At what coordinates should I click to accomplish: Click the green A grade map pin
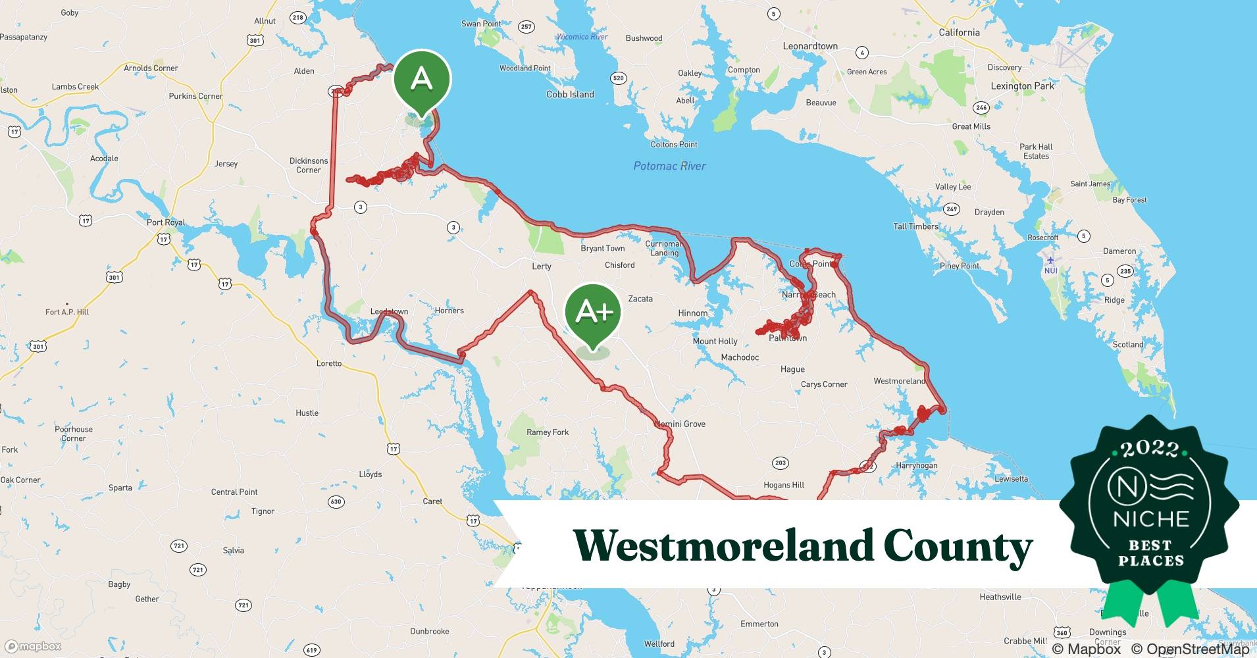click(x=422, y=80)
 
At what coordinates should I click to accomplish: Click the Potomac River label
click(x=669, y=166)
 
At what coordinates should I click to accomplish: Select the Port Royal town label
click(x=166, y=222)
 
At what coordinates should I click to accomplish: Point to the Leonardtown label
click(x=810, y=46)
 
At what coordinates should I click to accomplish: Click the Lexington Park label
click(x=1022, y=86)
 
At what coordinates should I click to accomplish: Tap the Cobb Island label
click(x=570, y=94)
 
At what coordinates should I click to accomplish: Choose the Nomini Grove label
click(x=680, y=424)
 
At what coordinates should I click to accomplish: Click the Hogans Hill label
click(x=784, y=485)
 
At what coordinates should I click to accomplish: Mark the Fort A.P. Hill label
click(x=67, y=312)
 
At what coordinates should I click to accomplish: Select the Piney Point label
click(x=960, y=266)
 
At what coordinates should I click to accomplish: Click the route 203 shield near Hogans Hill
click(x=781, y=463)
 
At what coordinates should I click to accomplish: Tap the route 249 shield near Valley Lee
click(x=951, y=209)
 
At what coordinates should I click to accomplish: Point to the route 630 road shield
click(x=336, y=501)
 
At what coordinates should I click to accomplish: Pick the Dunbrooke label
click(x=430, y=631)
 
